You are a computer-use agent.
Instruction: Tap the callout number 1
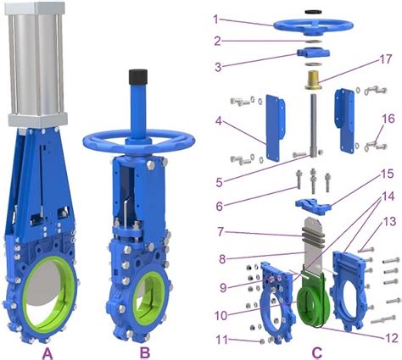(x=216, y=18)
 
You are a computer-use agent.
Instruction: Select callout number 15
(x=386, y=174)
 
